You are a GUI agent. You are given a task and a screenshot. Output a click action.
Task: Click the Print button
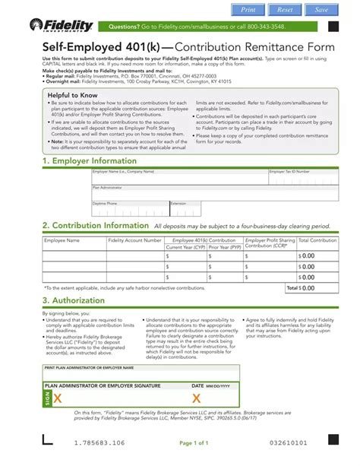248,9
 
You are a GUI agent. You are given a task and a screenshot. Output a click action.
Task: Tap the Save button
321,9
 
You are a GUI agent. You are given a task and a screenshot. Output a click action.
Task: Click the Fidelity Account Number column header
134,240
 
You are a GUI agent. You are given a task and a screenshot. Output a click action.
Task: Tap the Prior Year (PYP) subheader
224,247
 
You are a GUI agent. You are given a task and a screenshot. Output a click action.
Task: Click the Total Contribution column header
317,240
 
